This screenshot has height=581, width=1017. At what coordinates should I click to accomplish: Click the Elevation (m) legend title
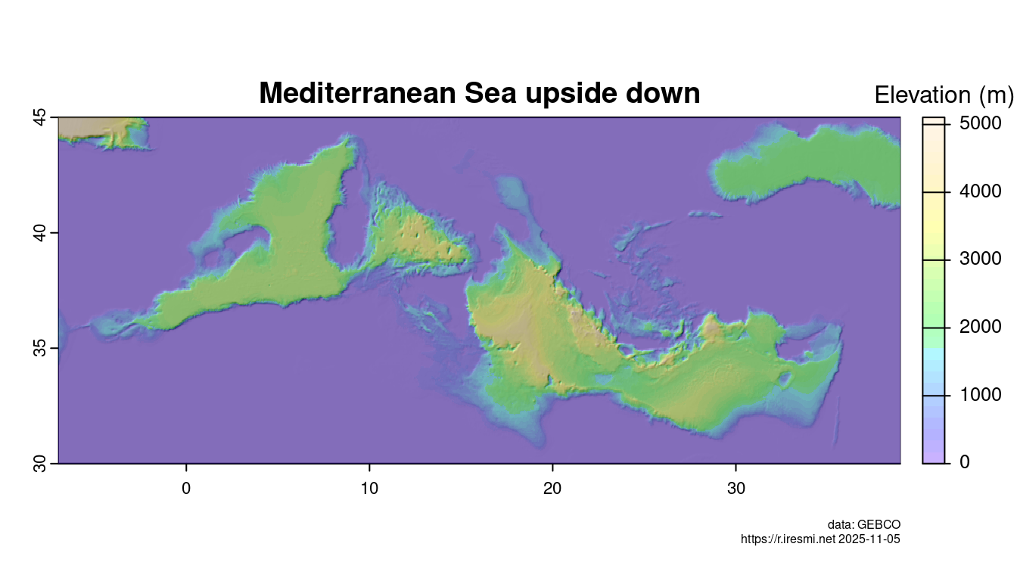[943, 95]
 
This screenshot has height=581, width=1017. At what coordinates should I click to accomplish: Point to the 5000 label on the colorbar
[980, 123]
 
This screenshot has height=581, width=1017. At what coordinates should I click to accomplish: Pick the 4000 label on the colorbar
[980, 191]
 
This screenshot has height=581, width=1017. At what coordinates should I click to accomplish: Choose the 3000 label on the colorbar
[980, 259]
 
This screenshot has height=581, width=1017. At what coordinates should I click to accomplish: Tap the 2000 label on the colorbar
[980, 327]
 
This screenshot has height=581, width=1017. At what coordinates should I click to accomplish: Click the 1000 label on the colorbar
[980, 395]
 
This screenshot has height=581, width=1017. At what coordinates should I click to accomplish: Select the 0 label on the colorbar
[965, 462]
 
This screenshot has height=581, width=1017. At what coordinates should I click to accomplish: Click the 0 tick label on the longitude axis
[186, 489]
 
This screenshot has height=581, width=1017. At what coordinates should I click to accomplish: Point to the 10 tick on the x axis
[369, 489]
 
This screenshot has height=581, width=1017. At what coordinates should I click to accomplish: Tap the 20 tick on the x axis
[552, 489]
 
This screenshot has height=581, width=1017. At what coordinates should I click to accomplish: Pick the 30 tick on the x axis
[736, 489]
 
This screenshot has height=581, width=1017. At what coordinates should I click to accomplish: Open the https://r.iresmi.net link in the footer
[788, 539]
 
